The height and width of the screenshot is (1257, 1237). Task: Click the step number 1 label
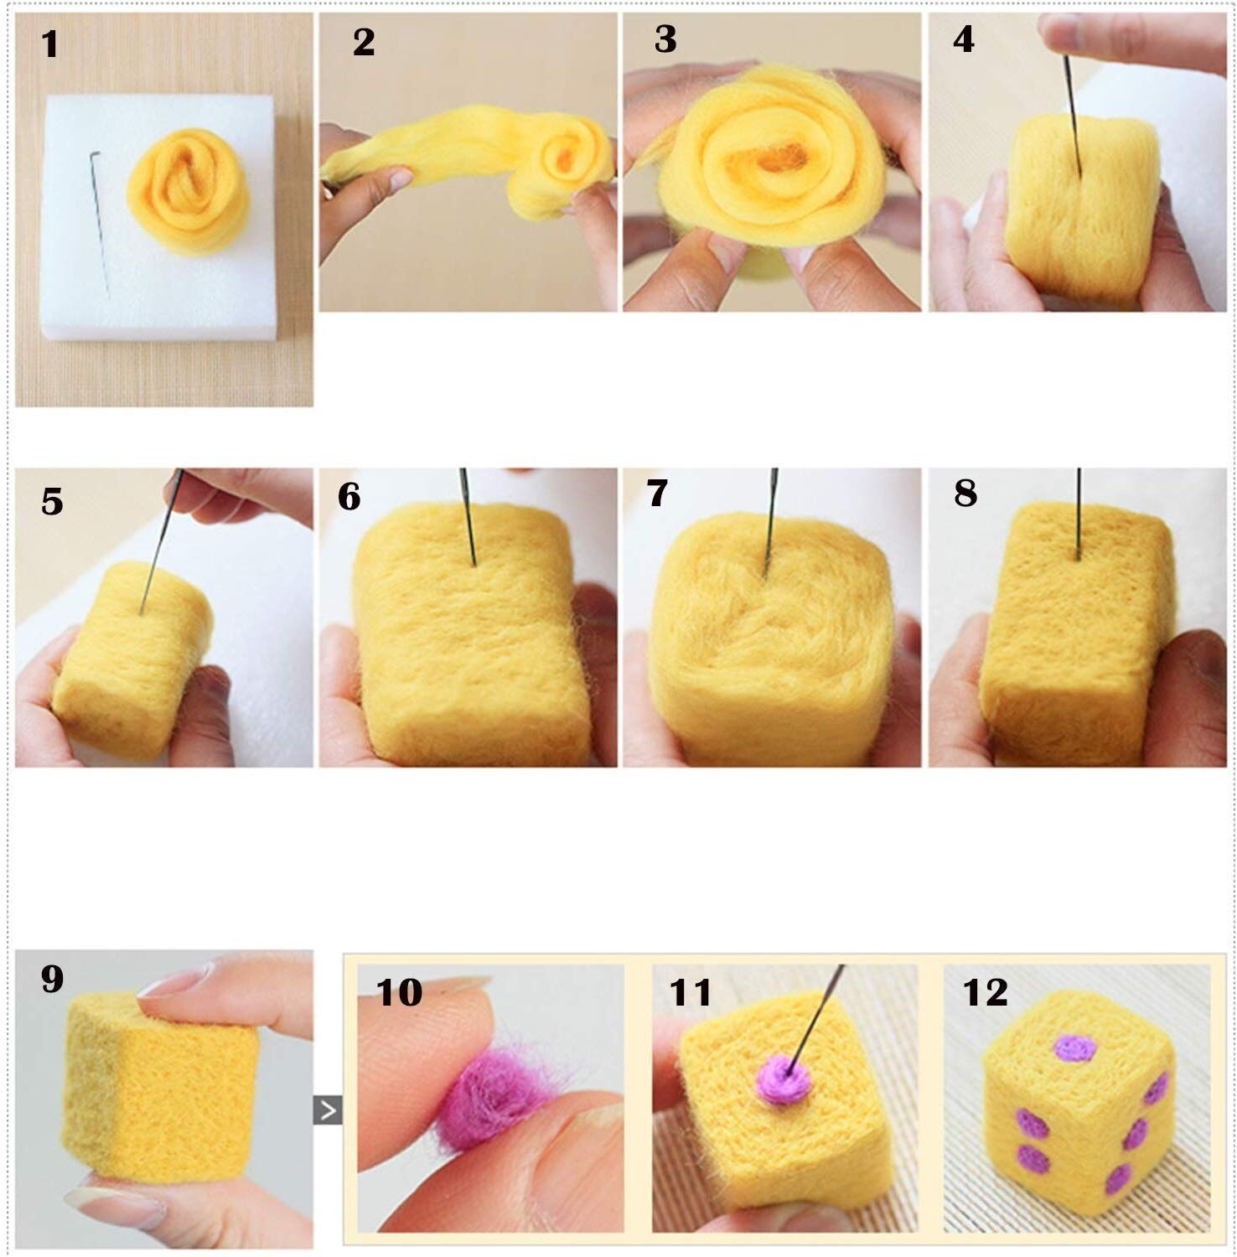tap(50, 44)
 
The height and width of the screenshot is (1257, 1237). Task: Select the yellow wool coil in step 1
tap(189, 192)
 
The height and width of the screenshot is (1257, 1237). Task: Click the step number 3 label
tap(665, 39)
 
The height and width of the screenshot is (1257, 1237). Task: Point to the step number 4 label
tap(964, 39)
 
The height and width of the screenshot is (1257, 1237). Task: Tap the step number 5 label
tap(52, 501)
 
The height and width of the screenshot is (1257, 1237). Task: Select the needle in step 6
tap(468, 515)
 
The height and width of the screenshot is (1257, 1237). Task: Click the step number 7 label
tap(658, 493)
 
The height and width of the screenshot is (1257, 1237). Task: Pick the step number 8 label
tap(965, 493)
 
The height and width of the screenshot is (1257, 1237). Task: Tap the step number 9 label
tap(52, 978)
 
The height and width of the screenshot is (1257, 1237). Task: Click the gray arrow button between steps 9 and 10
tap(328, 1110)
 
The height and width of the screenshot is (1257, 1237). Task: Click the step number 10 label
tap(399, 992)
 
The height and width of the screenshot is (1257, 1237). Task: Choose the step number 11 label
tap(690, 992)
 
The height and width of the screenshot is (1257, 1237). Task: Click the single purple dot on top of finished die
tap(1075, 1047)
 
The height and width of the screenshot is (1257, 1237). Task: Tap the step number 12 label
tap(985, 992)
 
